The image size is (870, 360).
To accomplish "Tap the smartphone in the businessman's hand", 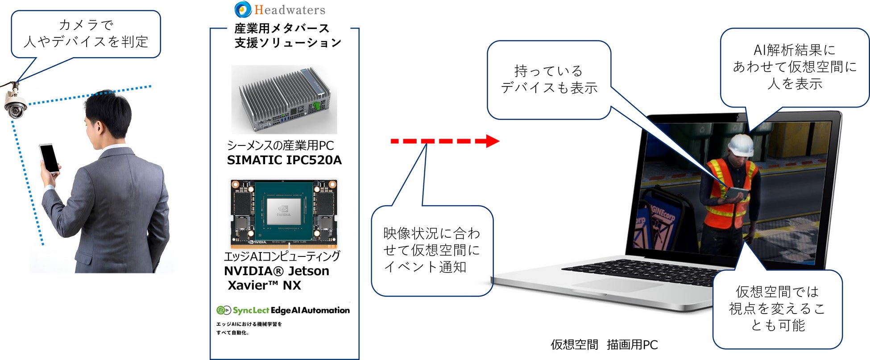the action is [x=49, y=158].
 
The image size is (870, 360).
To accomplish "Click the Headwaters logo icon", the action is [x=243, y=9].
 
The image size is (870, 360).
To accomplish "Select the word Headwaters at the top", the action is [x=290, y=10].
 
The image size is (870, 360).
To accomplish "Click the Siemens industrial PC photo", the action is [x=284, y=99].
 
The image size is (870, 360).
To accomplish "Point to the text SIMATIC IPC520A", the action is [x=284, y=160].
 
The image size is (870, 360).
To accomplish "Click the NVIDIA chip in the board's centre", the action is [x=283, y=211].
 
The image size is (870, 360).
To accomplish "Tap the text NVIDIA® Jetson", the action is [x=277, y=271].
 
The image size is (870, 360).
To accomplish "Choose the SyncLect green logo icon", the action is [x=224, y=310].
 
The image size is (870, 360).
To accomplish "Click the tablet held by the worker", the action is [x=736, y=192].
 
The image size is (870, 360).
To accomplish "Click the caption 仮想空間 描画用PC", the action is [x=604, y=344].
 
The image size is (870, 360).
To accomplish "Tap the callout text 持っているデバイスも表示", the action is [x=549, y=79].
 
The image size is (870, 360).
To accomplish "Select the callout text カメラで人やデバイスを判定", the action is [x=86, y=33].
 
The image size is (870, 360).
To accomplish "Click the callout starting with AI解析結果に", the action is [x=795, y=66].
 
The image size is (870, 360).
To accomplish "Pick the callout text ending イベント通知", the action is [x=431, y=250].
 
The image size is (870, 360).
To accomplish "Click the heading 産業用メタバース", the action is [x=282, y=29].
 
